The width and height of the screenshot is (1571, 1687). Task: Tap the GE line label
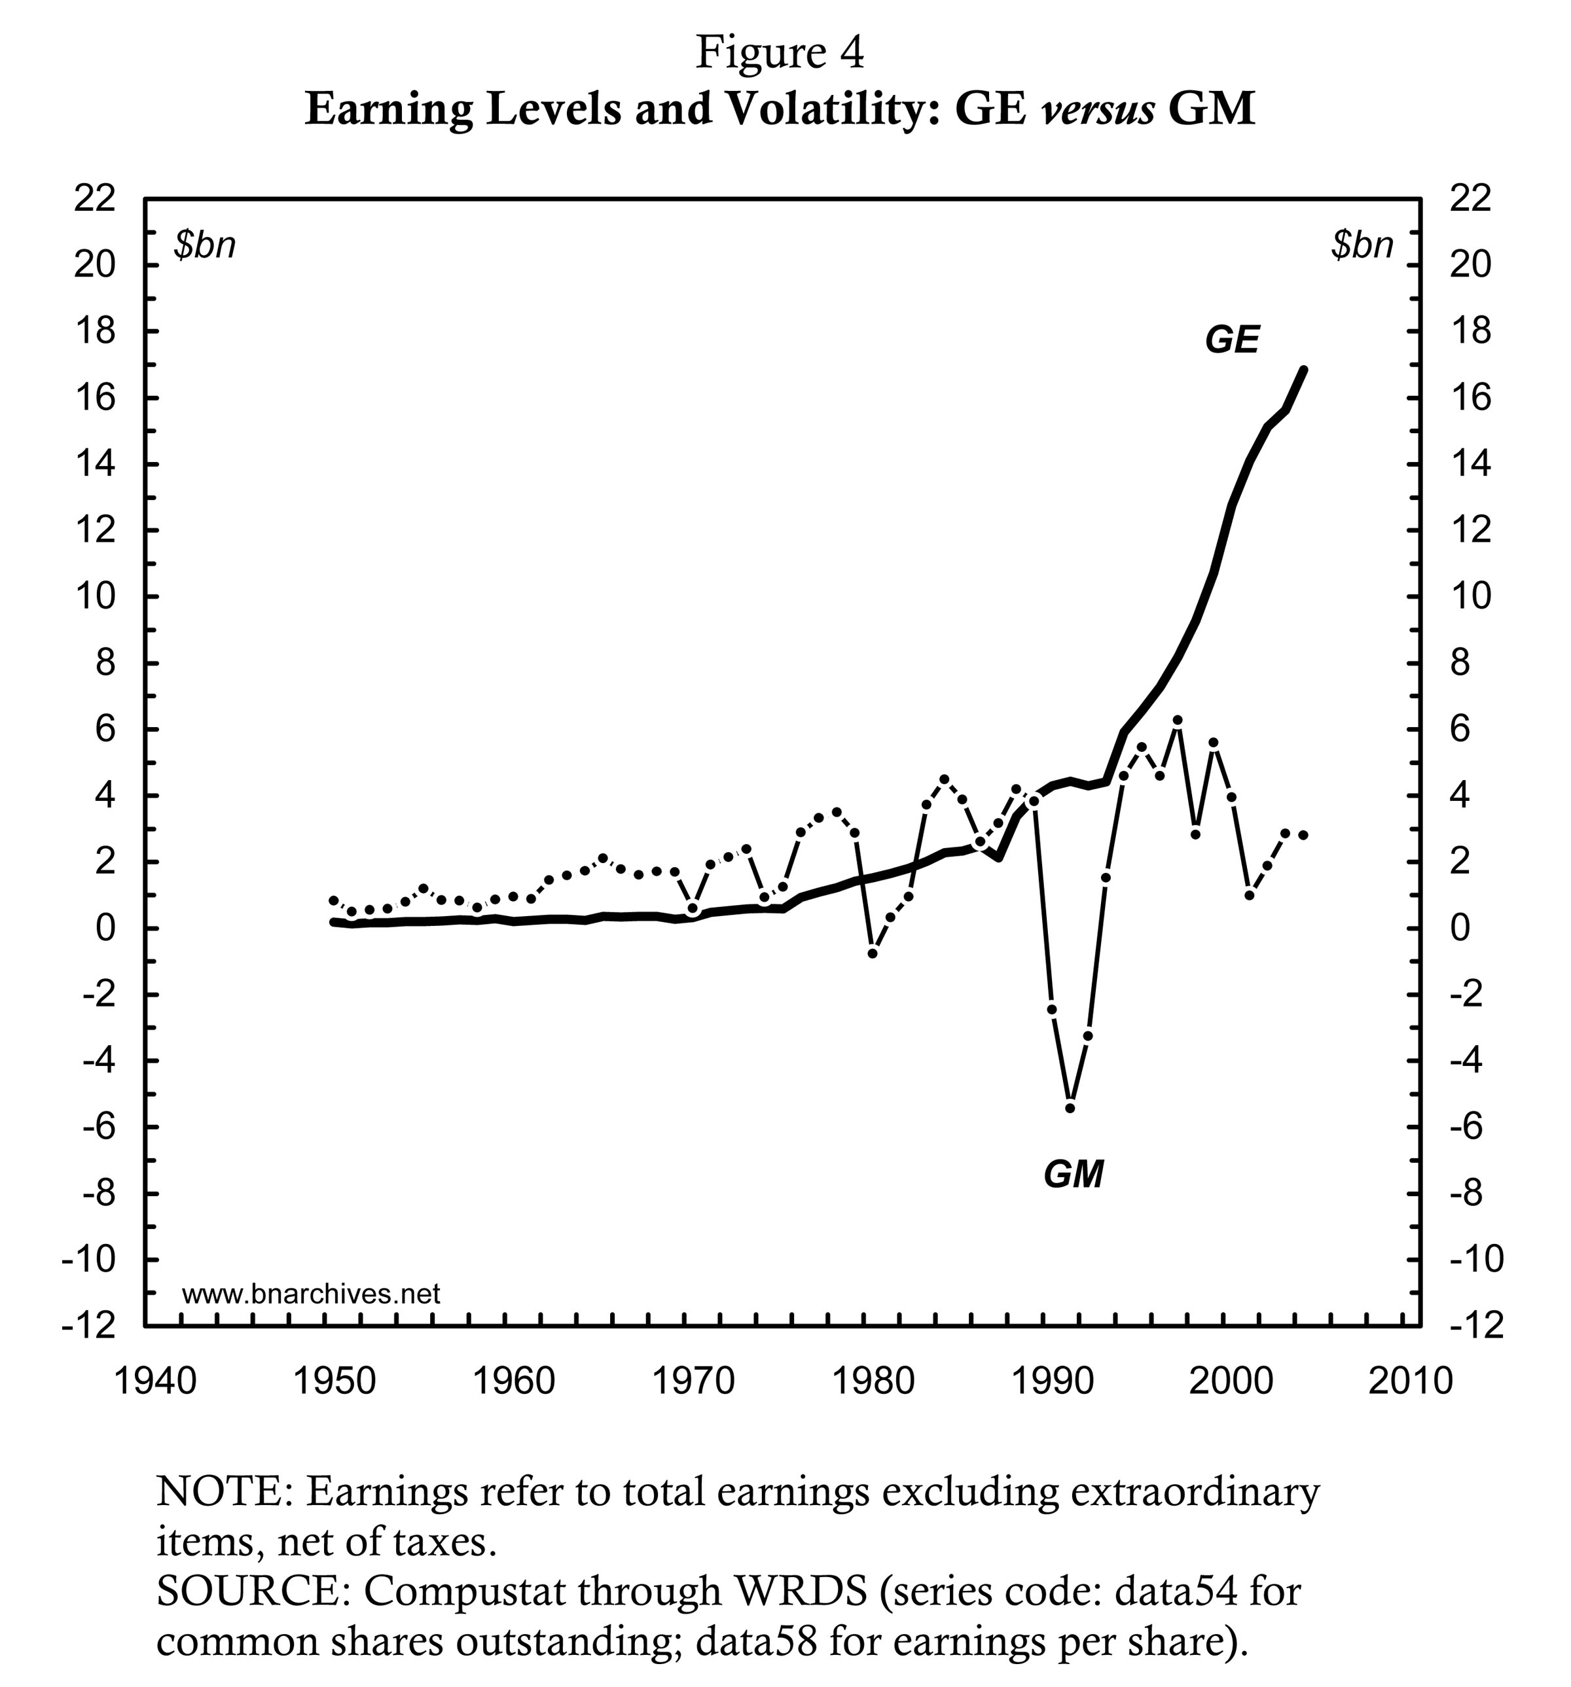point(1231,340)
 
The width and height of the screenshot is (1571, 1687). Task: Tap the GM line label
point(1073,1175)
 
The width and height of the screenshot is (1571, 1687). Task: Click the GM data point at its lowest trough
point(1070,1107)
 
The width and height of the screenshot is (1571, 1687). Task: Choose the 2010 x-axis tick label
point(1411,1381)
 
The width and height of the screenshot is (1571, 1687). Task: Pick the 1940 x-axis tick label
point(154,1381)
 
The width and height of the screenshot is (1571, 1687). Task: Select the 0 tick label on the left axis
point(105,929)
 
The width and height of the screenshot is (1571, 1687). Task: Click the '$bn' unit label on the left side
point(204,245)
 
